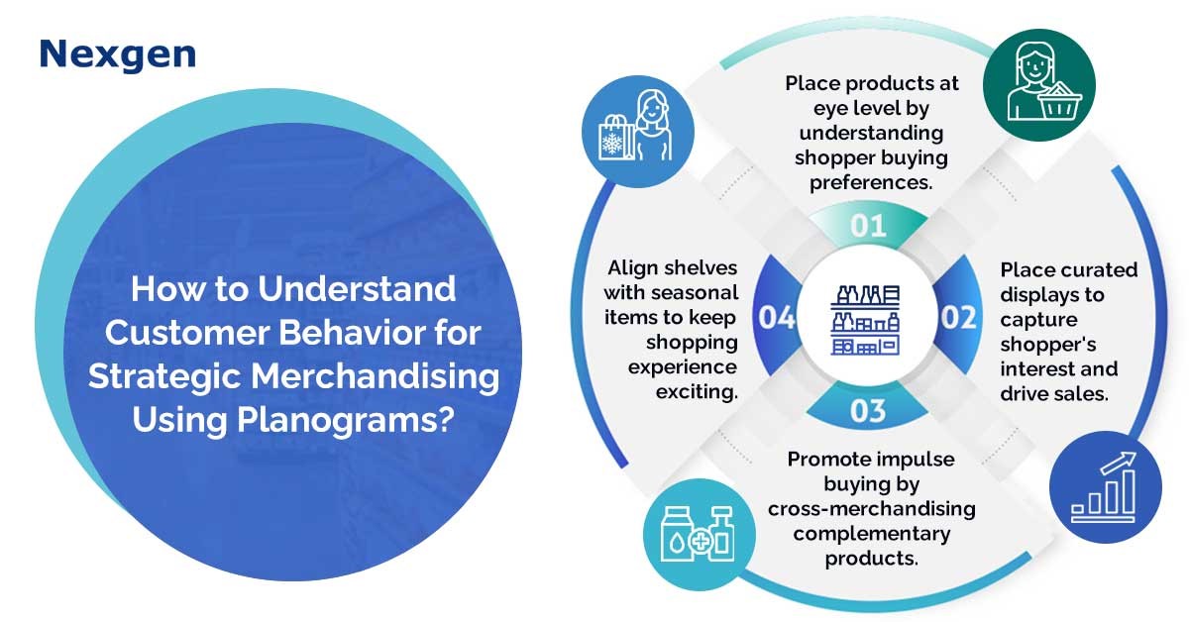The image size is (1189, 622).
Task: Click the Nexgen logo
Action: point(118,54)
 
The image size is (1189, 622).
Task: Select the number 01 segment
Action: point(868,225)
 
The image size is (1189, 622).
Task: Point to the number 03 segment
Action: point(868,410)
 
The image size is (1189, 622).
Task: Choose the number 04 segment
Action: point(777,317)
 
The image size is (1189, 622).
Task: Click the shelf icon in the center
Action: point(865,320)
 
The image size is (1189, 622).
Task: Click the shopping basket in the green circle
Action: point(1059,101)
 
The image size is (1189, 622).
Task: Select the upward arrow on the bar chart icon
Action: point(1119,463)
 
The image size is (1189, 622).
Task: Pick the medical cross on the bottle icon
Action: point(702,543)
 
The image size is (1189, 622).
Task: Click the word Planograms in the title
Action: point(346,420)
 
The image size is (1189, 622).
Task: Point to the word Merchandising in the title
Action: point(375,376)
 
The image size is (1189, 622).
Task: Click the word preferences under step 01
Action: point(871,183)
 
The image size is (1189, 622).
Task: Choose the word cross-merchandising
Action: point(872,509)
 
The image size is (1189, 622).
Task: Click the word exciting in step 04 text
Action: point(697,392)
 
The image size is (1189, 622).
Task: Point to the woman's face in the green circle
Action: point(1034,64)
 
